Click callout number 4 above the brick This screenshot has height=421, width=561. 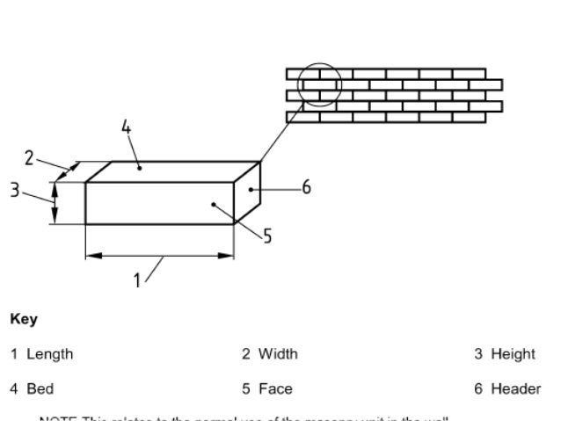click(126, 127)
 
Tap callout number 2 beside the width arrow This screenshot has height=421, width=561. click(29, 157)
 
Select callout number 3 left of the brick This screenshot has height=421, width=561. click(15, 189)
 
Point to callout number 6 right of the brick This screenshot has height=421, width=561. click(306, 187)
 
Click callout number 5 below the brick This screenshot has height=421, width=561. click(267, 236)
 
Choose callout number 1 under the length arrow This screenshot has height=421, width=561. click(137, 279)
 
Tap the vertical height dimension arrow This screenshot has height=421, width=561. click(55, 203)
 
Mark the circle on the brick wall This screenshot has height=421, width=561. click(319, 84)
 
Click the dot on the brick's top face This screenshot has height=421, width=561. click(139, 167)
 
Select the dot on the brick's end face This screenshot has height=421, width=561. click(251, 189)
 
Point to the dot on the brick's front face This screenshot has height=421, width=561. click(213, 204)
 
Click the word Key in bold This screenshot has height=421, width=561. click(24, 319)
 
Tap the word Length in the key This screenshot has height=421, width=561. click(49, 354)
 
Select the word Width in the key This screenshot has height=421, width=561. click(278, 354)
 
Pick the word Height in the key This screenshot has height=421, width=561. click(513, 354)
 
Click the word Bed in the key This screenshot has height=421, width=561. click(40, 388)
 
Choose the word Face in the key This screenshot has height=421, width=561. click(275, 388)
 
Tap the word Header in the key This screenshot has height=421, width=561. click(515, 388)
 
